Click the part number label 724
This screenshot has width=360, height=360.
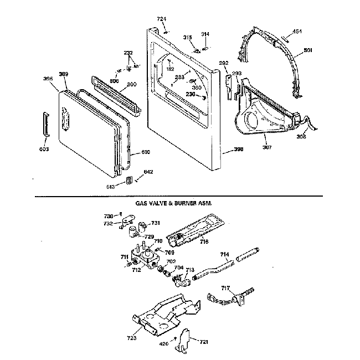coord(161,19)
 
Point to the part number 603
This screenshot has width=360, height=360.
coord(44,150)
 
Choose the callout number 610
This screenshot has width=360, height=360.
coord(145,152)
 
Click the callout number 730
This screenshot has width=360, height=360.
coord(109,215)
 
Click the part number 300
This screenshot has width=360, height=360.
coord(131,85)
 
